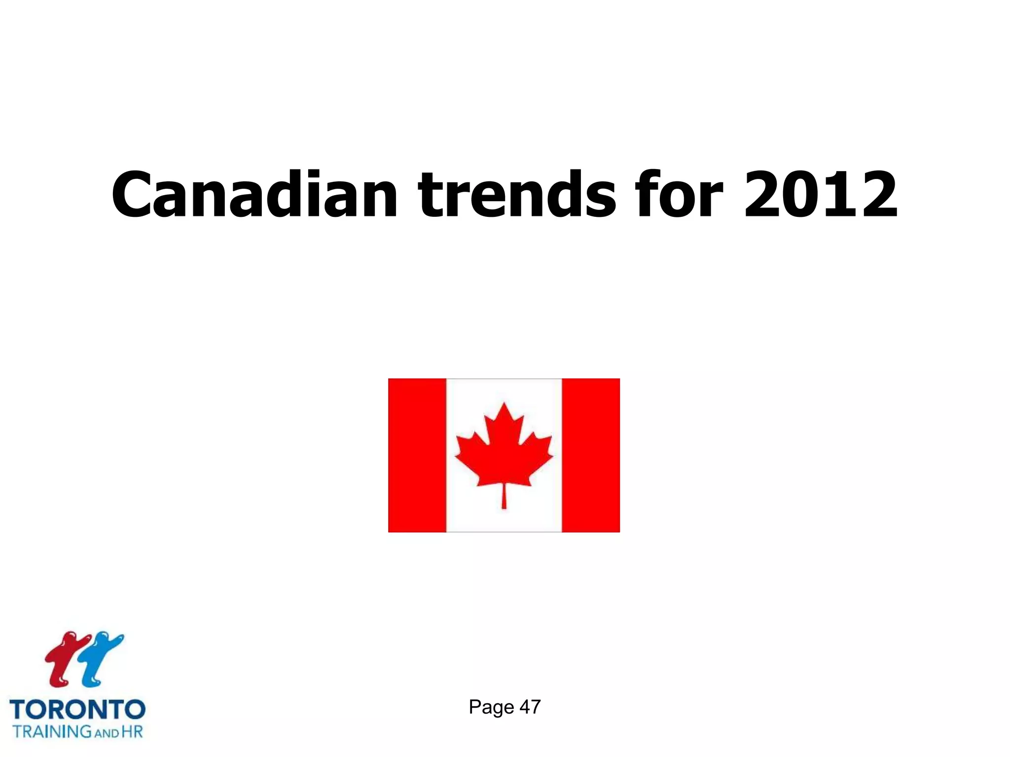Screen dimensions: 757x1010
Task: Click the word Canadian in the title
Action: tap(254, 194)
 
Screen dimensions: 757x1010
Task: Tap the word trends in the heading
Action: tap(517, 194)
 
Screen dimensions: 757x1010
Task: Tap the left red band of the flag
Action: tap(417, 455)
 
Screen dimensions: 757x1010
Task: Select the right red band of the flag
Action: tap(591, 455)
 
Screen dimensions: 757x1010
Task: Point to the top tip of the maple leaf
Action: tap(504, 405)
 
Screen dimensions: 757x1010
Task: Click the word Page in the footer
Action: tap(491, 707)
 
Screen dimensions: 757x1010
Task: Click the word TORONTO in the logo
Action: tap(77, 710)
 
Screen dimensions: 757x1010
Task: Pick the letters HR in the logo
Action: tap(132, 731)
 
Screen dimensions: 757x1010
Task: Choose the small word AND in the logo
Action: tap(107, 733)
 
